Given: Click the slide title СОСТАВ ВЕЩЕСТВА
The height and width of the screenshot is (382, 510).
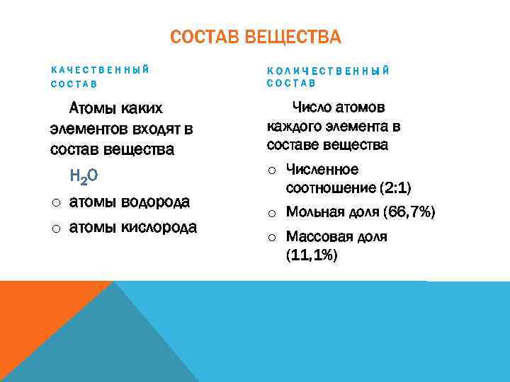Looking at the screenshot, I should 255,37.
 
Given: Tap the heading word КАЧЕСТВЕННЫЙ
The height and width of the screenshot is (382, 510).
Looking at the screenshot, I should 100,70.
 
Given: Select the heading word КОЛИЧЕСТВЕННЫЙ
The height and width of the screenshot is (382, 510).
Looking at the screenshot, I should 328,70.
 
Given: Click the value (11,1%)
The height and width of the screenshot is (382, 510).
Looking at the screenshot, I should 312,255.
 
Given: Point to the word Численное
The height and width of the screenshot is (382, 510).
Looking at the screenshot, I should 322,170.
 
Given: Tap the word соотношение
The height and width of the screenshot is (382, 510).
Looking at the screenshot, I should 330,188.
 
